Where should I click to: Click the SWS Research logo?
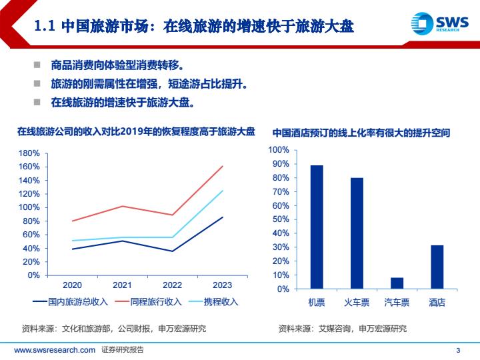tap(441, 22)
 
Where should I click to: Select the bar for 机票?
tap(317, 227)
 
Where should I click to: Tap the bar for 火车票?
tap(357, 233)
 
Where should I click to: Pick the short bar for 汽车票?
tap(397, 283)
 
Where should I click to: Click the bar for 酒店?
tap(437, 267)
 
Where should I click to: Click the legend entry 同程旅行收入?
tap(148, 302)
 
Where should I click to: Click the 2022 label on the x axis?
tap(172, 285)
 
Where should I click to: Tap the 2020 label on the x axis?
tap(71, 285)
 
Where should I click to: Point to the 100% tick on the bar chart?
tap(279, 150)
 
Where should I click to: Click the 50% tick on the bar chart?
tap(281, 219)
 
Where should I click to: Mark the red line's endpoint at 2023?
tap(223, 166)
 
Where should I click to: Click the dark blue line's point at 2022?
tap(172, 251)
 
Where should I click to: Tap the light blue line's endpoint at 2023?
tap(223, 191)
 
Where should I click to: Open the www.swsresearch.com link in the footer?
tap(54, 350)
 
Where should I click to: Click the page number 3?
tap(457, 351)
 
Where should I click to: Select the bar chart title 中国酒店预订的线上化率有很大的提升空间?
tap(361, 133)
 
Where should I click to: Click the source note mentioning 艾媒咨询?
tap(342, 328)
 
